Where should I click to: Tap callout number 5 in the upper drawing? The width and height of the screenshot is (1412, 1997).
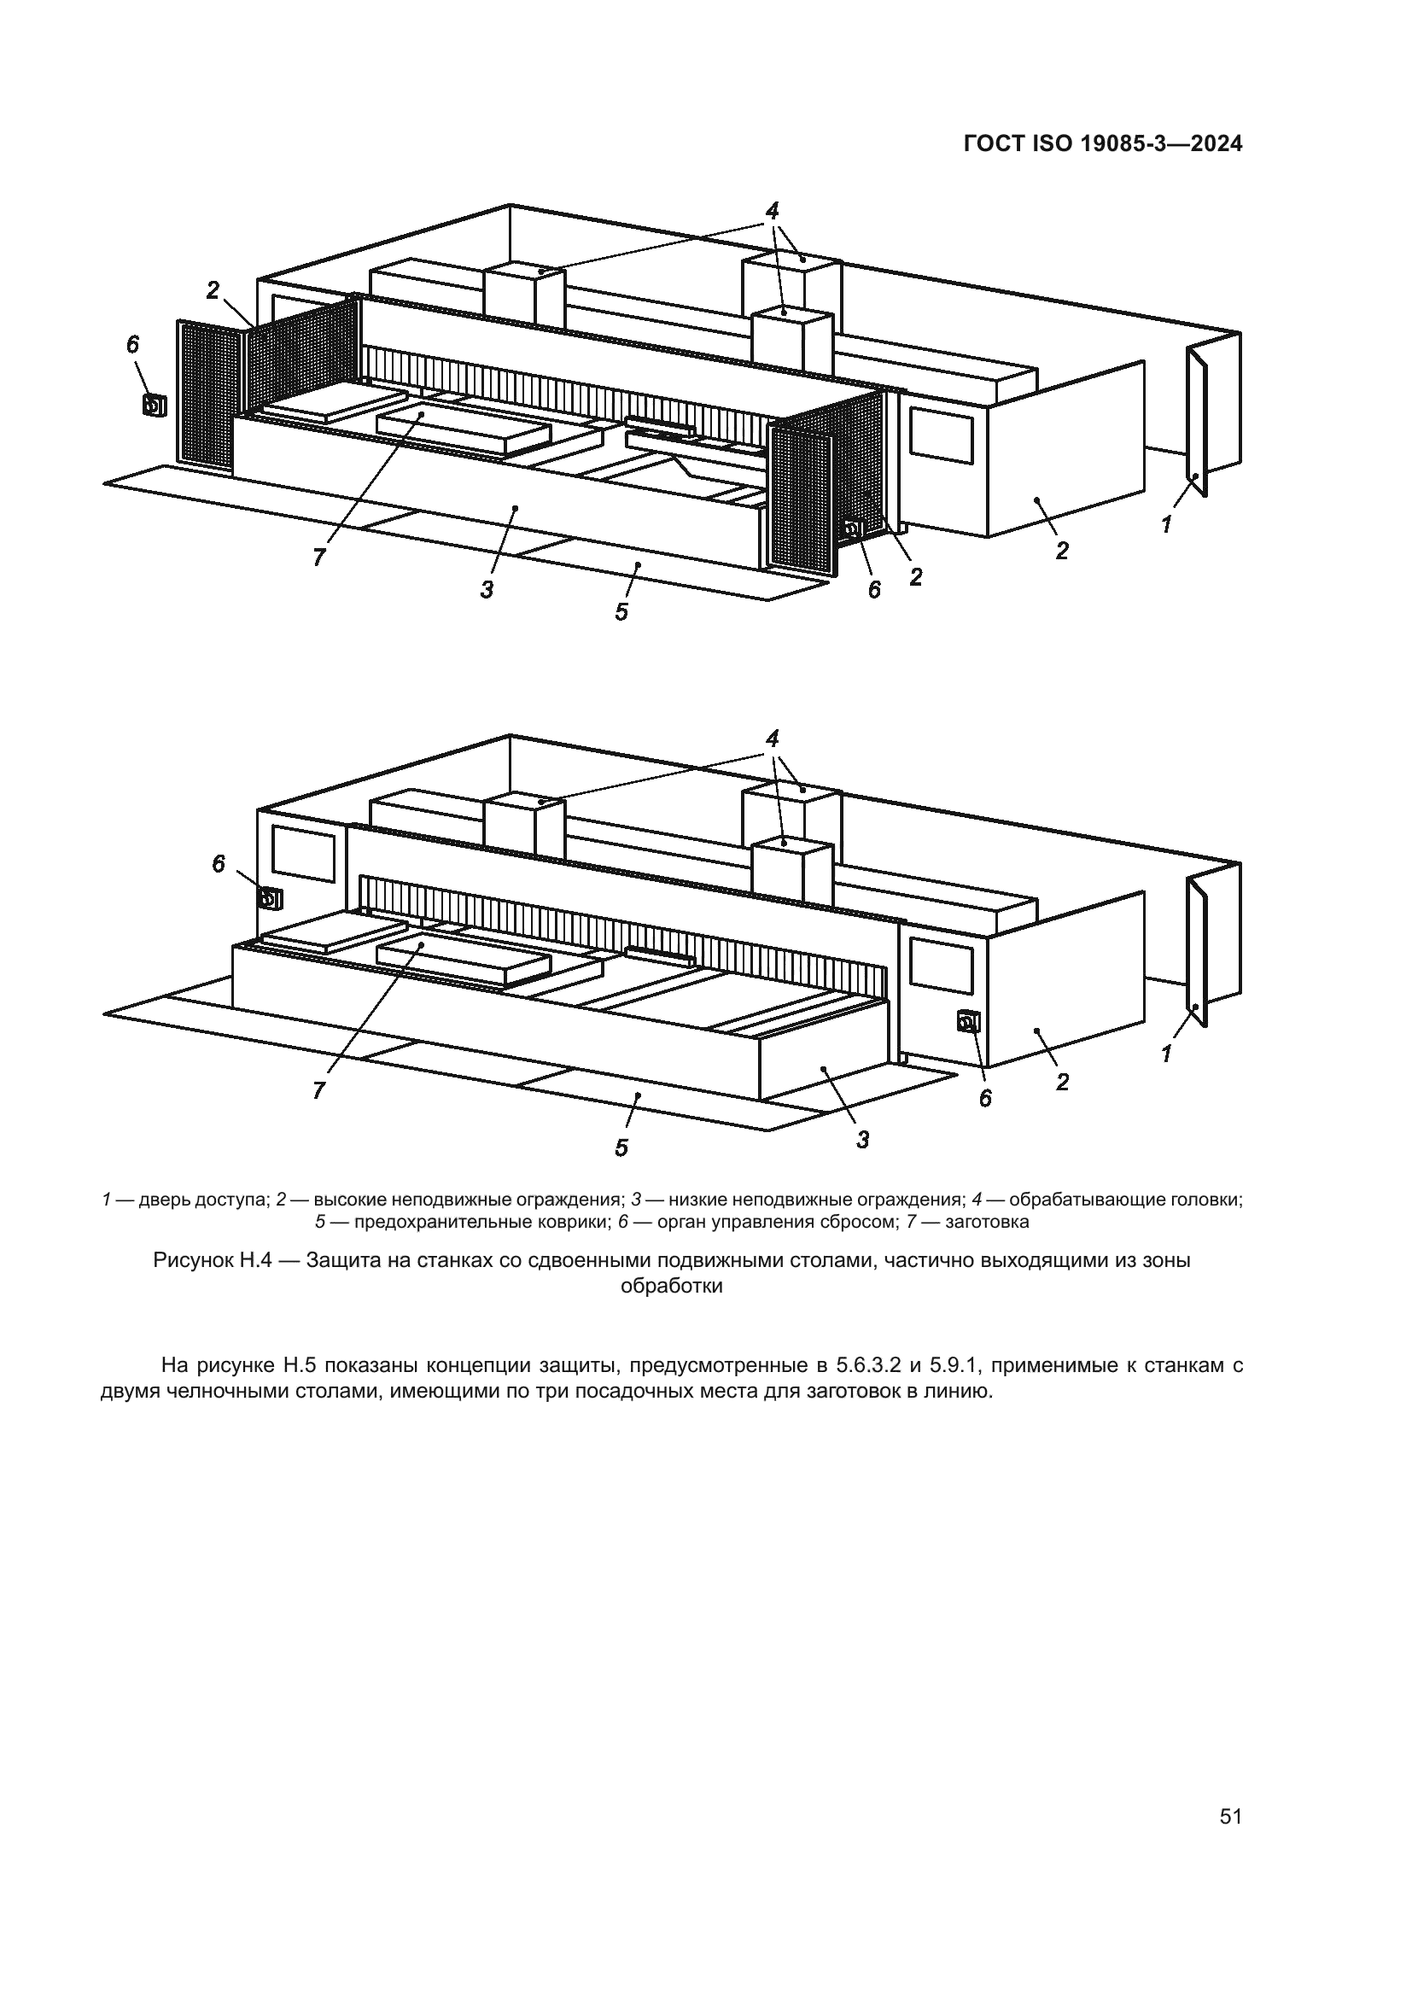tap(621, 612)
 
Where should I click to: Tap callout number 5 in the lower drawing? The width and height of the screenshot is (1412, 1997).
tap(621, 1148)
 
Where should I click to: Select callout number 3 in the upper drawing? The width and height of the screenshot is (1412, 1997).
tap(487, 590)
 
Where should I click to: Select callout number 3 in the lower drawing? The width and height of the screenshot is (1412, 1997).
tap(862, 1140)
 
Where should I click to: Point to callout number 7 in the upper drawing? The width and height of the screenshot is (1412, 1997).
tap(319, 558)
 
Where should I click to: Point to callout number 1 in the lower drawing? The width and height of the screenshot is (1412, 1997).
tap(1166, 1054)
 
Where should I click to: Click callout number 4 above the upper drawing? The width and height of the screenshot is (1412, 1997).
tap(772, 210)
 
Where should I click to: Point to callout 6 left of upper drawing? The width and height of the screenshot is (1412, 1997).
tap(132, 345)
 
